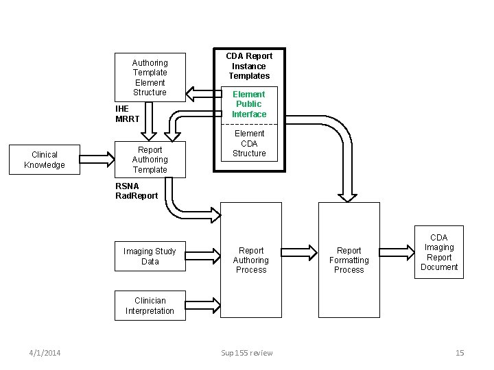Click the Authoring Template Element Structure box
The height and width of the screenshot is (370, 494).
pos(150,77)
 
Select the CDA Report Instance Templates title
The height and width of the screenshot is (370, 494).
pos(249,66)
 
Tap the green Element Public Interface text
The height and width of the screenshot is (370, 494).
pos(248,104)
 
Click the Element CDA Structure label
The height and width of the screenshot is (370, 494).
pos(249,143)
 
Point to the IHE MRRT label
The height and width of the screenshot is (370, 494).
pos(128,114)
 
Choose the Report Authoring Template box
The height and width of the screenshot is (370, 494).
pos(150,160)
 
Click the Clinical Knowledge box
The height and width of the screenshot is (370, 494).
pos(45,160)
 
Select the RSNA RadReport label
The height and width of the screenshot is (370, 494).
pos(137,190)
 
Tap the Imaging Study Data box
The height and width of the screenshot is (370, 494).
pos(150,256)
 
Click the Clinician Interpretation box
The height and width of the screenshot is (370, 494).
pos(150,306)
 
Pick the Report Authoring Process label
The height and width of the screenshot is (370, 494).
pos(251,260)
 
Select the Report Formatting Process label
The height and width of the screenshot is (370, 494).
pos(349,260)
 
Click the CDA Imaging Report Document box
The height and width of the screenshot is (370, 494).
pos(439,252)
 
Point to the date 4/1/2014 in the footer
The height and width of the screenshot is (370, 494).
pos(45,353)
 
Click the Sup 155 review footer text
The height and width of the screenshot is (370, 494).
pos(247,353)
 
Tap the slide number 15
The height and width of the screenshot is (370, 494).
pos(460,353)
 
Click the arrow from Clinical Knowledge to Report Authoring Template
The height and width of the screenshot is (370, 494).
pos(97,160)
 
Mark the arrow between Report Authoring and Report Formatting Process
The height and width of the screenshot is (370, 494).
pos(300,252)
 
